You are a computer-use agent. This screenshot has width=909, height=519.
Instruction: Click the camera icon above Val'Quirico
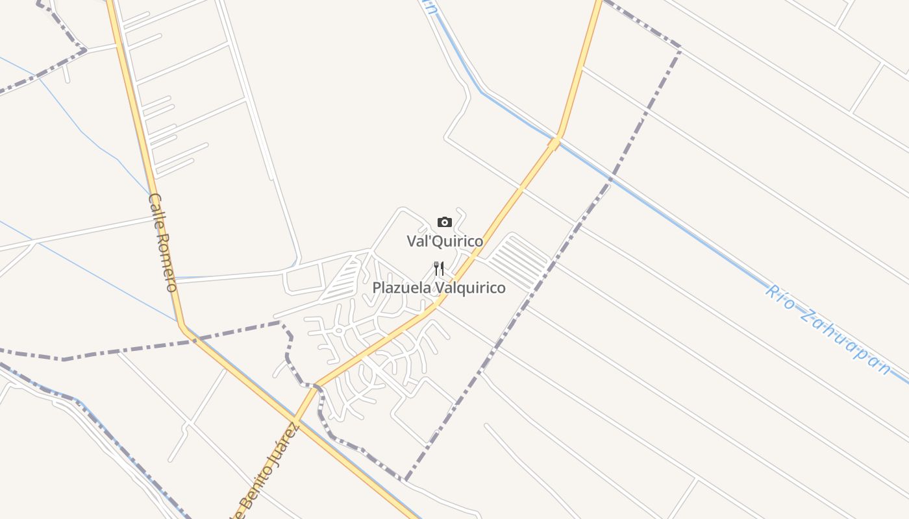[x=444, y=223]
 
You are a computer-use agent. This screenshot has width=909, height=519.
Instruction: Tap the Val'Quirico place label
[x=445, y=241]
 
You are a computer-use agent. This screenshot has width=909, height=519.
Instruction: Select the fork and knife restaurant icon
[x=439, y=269]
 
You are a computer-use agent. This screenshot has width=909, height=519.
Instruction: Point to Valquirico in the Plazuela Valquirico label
[x=469, y=287]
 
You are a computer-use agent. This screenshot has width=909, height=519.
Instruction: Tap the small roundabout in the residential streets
[x=338, y=331]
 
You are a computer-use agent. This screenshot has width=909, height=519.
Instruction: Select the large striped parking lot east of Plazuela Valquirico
[x=517, y=261]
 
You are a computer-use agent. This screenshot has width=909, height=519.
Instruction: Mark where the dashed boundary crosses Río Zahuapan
[x=610, y=179]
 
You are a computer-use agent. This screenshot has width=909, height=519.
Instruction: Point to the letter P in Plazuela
[x=377, y=287]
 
